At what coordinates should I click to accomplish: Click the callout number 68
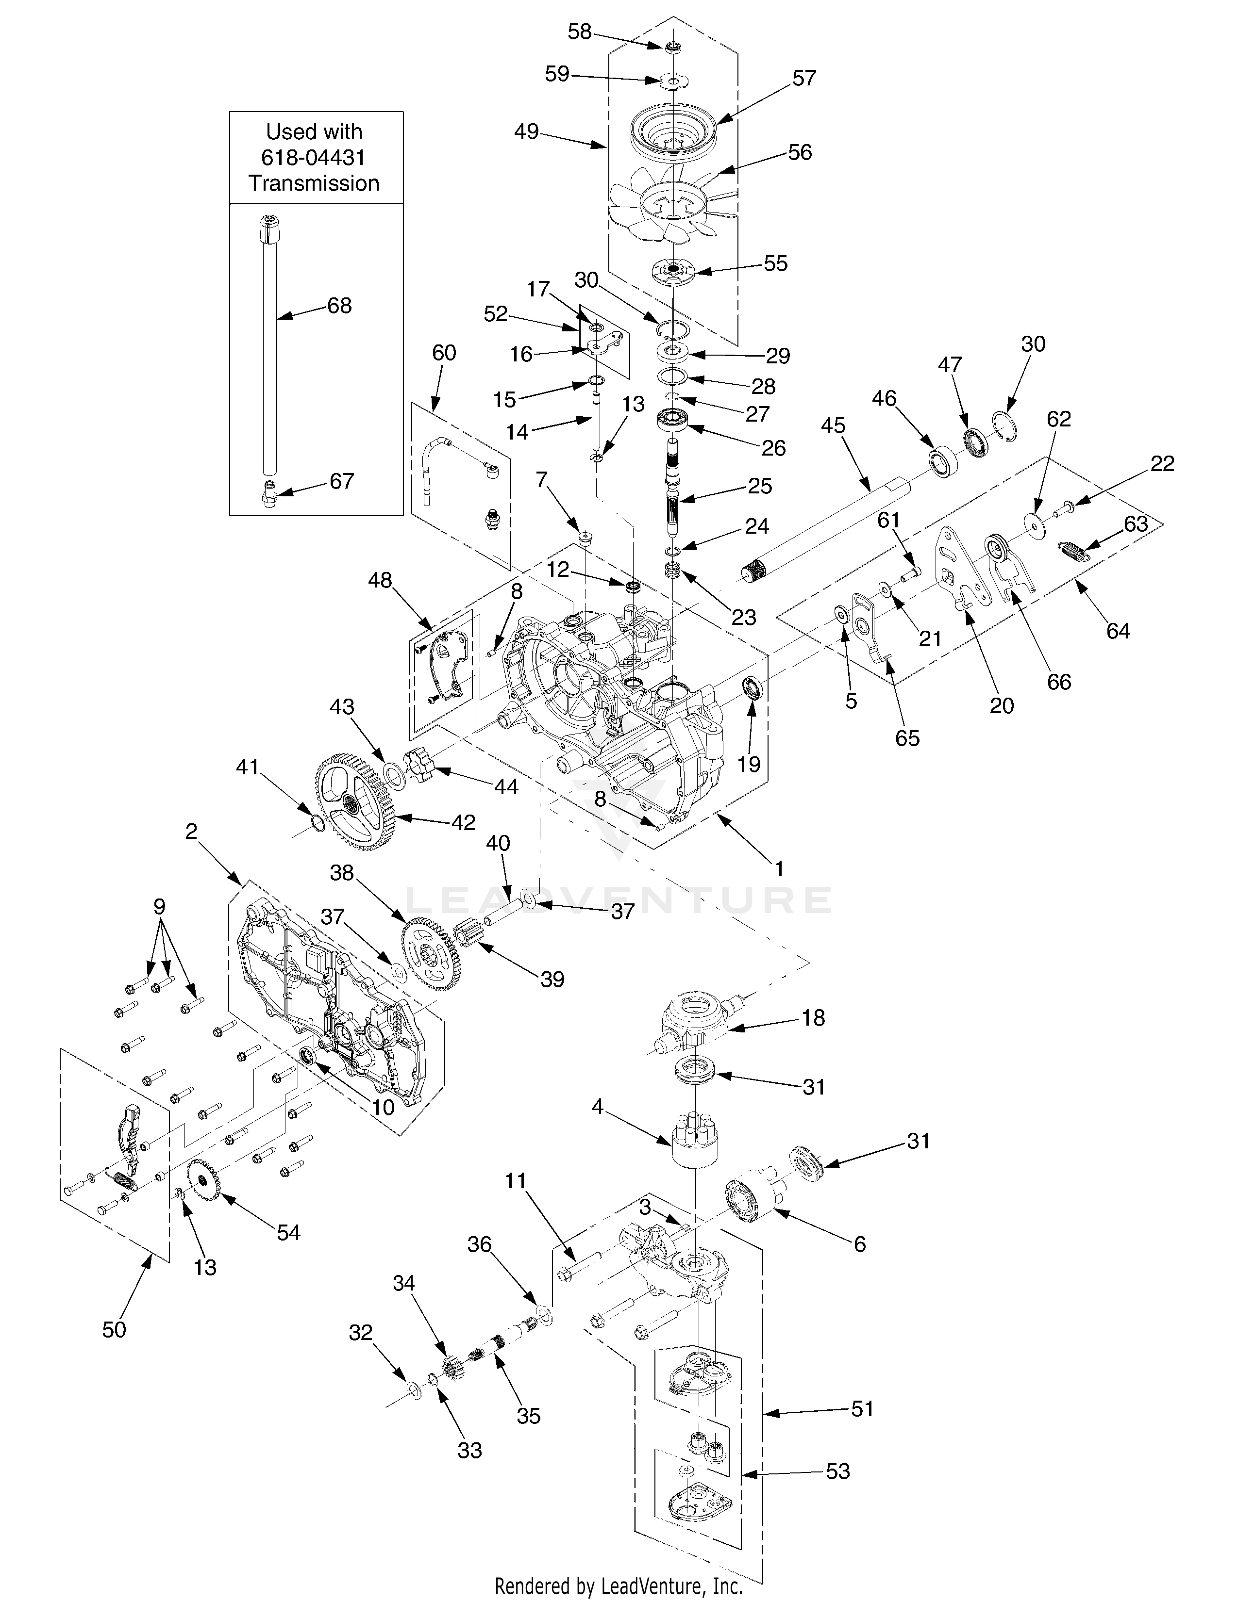(x=339, y=305)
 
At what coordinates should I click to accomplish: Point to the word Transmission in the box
(x=315, y=183)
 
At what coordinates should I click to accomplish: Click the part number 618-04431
(x=314, y=158)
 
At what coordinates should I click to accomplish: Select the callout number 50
(x=115, y=1330)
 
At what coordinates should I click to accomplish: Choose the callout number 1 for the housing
(x=780, y=869)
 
